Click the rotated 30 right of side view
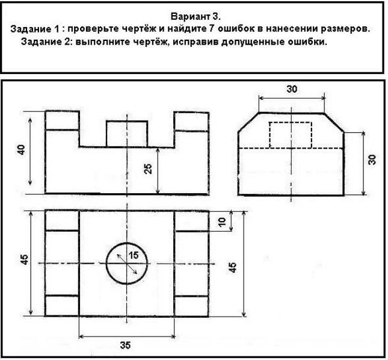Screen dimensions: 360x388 click(372, 159)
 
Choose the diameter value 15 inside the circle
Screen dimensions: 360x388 click(134, 255)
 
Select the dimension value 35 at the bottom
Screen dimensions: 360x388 click(126, 346)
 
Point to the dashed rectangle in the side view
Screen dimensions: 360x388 click(291, 134)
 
